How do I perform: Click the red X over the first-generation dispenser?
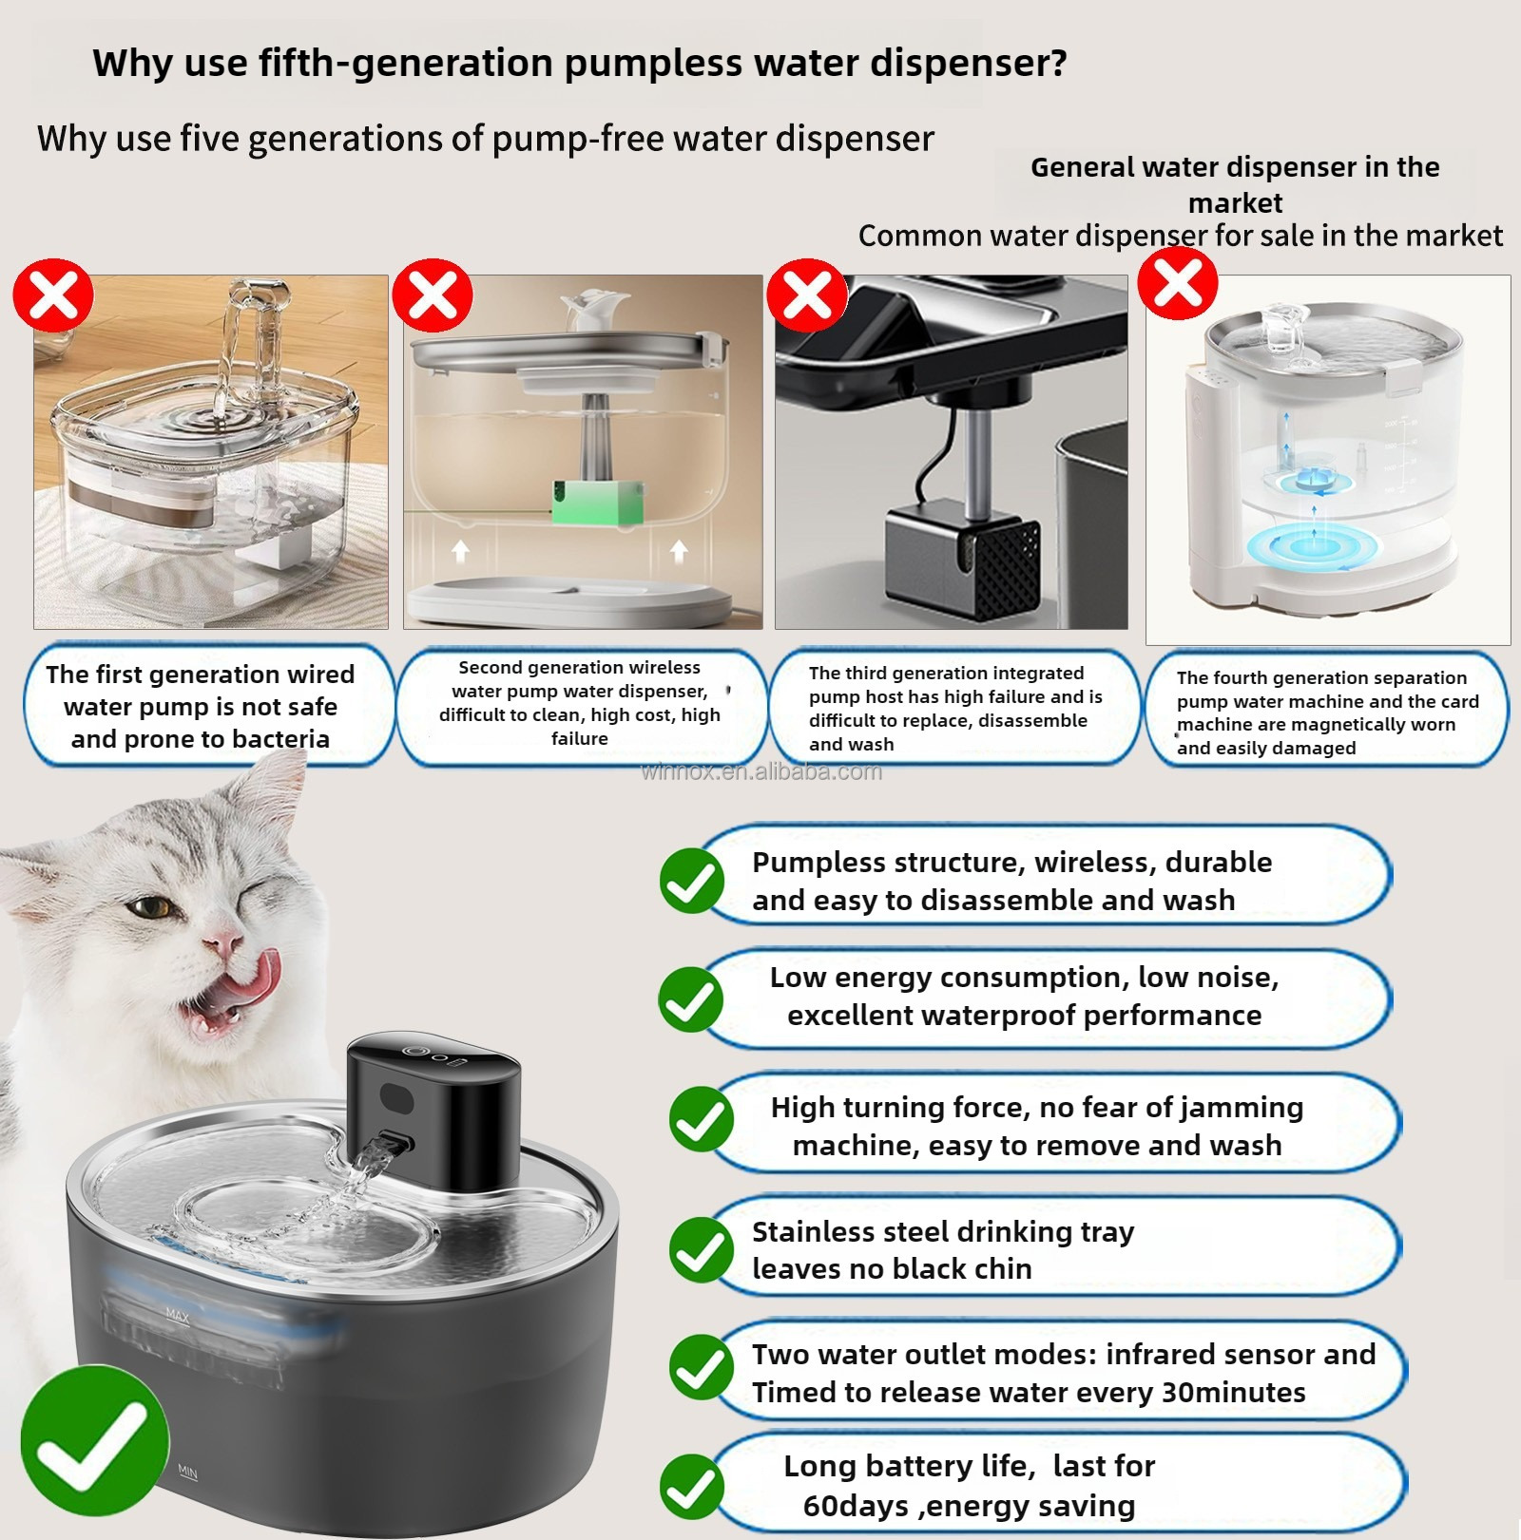(53, 295)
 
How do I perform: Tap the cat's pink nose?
(225, 942)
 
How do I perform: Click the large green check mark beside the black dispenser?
(94, 1440)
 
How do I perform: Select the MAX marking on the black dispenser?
(178, 1316)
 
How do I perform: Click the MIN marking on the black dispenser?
(187, 1473)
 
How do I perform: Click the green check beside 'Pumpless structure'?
(692, 881)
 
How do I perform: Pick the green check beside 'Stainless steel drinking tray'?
(702, 1249)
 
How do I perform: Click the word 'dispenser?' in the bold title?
(969, 63)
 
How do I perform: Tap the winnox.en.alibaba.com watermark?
(761, 771)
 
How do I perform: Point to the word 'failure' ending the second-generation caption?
(580, 738)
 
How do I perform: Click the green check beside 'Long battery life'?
(692, 1487)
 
